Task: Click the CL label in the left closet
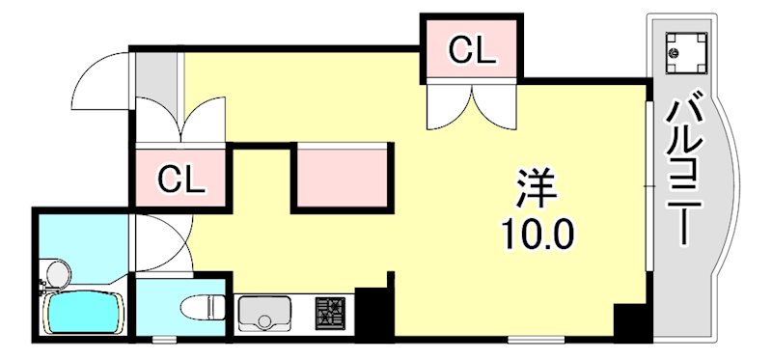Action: click(181, 179)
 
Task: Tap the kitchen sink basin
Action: click(264, 313)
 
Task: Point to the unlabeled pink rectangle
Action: click(344, 176)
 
